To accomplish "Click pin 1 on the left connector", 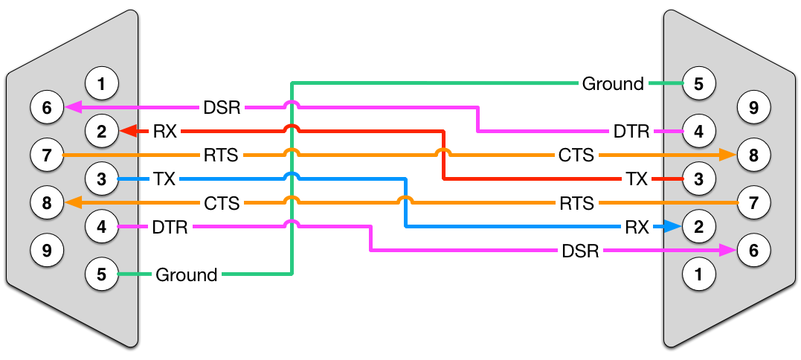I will click(103, 84).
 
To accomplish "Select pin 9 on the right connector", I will click(753, 108).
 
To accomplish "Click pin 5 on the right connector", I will click(698, 83).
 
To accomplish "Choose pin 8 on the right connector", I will click(753, 155).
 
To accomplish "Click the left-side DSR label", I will click(222, 108).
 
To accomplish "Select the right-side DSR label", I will click(581, 251).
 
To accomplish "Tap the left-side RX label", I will click(164, 132).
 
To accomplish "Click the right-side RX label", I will click(637, 227).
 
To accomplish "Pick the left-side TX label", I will click(164, 179).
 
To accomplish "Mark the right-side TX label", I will click(637, 179).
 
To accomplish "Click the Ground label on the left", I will click(186, 274).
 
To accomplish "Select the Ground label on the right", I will click(613, 83).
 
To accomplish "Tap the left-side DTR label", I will click(170, 227).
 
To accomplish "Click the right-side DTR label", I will click(631, 132).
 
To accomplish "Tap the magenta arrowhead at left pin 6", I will click(73, 108).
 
